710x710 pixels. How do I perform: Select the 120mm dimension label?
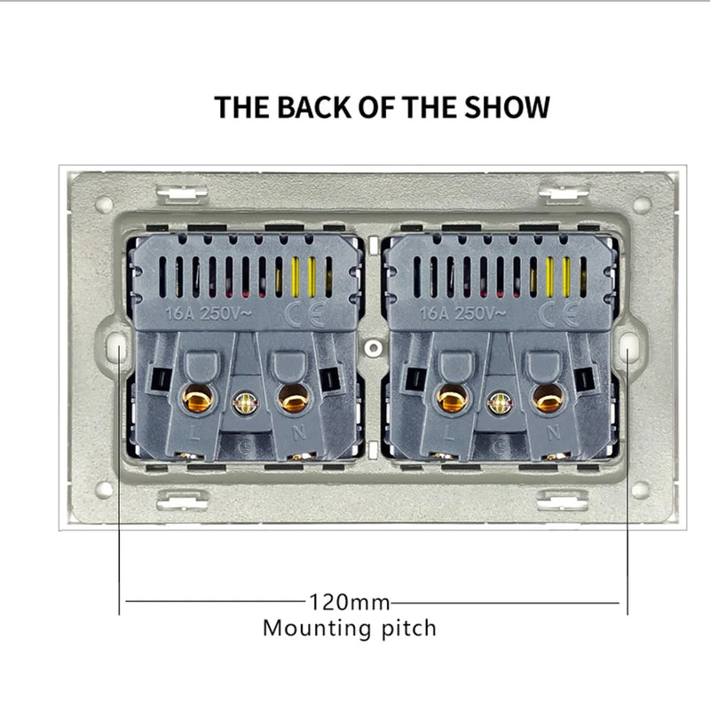click(x=350, y=603)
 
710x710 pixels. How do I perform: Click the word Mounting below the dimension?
click(x=312, y=629)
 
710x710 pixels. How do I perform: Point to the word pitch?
click(x=404, y=629)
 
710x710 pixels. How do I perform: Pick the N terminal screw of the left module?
click(x=290, y=400)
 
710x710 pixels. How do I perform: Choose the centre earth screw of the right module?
click(x=500, y=404)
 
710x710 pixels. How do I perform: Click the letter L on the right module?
click(x=454, y=435)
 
